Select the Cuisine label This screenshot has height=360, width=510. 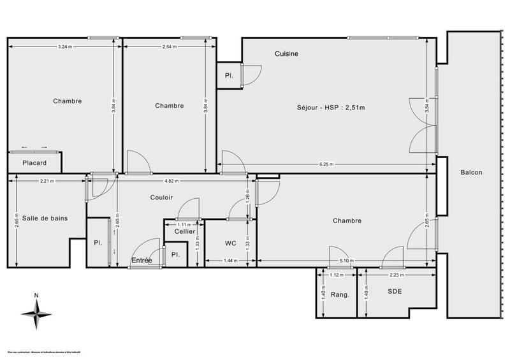click(x=286, y=54)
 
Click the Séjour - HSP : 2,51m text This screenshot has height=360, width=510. click(x=330, y=107)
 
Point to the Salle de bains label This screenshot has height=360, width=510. click(x=45, y=218)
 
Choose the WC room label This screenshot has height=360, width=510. click(x=231, y=243)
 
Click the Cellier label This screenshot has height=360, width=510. click(x=185, y=231)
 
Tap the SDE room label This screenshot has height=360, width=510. click(x=396, y=291)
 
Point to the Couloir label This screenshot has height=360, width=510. click(x=162, y=198)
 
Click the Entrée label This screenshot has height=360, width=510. click(x=142, y=261)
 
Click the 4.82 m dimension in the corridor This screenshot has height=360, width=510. click(x=170, y=181)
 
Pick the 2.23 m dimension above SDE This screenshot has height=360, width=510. click(x=396, y=275)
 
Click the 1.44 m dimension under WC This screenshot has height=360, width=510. click(x=231, y=261)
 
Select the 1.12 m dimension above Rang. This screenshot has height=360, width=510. click(x=337, y=275)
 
